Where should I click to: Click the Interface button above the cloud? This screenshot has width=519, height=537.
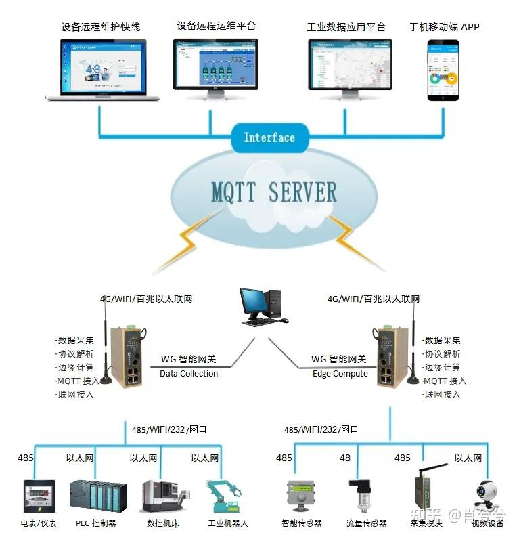tap(269, 137)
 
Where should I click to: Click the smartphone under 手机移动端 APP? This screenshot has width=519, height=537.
tap(443, 70)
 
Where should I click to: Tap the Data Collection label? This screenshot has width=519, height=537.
tap(189, 373)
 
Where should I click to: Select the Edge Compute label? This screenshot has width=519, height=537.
tap(340, 373)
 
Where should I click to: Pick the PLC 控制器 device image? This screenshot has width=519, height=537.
tap(97, 496)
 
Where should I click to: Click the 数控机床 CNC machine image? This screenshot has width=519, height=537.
tap(161, 496)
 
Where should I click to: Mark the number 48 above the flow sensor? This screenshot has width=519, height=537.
tap(345, 458)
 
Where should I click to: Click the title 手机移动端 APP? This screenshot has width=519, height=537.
tap(444, 27)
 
